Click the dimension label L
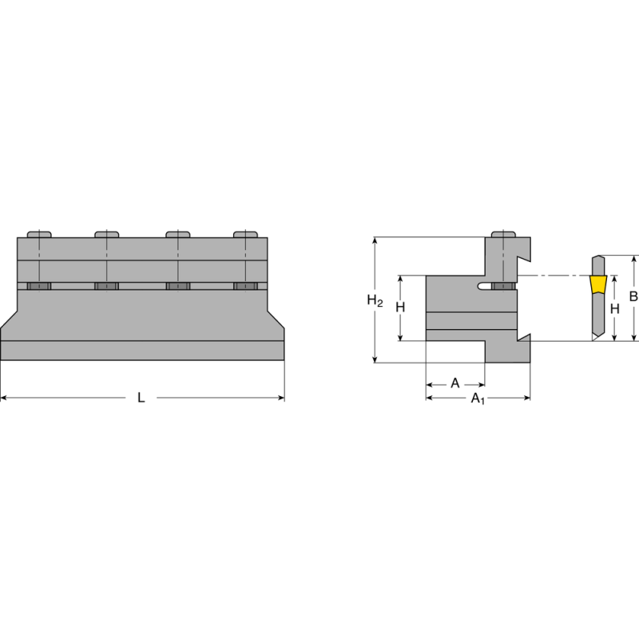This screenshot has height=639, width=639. tap(141, 398)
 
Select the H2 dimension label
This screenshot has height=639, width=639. tap(375, 300)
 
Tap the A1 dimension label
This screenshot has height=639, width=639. tap(477, 398)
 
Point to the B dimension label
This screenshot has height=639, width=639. tap(633, 296)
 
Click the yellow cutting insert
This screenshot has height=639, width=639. tap(597, 285)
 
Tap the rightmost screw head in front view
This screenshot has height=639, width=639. tap(245, 234)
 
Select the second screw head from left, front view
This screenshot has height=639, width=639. tap(106, 234)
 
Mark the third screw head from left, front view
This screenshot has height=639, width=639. tap(177, 234)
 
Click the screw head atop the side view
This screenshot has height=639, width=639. tap(503, 234)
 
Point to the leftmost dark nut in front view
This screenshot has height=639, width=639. tap(38, 287)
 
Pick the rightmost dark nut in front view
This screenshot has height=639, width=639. tap(245, 287)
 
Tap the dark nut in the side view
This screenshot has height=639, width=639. tap(503, 287)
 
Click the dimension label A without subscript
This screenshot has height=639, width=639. tap(454, 383)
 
